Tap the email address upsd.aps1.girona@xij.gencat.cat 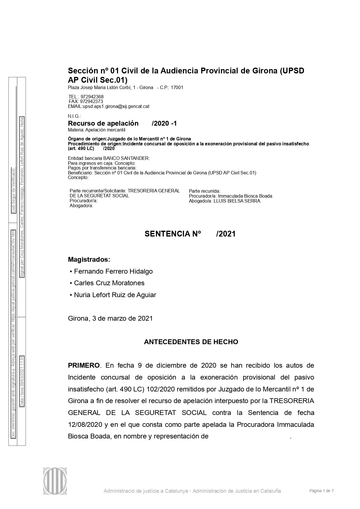pos(116,107)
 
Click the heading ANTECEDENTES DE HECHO pos(191,342)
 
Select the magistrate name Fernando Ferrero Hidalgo pos(113,271)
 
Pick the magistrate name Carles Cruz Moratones pos(109,283)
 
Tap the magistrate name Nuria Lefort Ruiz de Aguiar pos(115,295)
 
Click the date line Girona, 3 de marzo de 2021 pos(110,318)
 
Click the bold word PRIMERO pos(84,365)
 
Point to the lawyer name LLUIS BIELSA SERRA pos(237,201)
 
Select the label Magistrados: pos(89,259)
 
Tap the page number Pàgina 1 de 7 pos(321,491)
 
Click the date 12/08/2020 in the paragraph pos(85,425)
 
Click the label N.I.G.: pos(74,116)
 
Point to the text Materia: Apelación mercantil pos(96,130)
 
